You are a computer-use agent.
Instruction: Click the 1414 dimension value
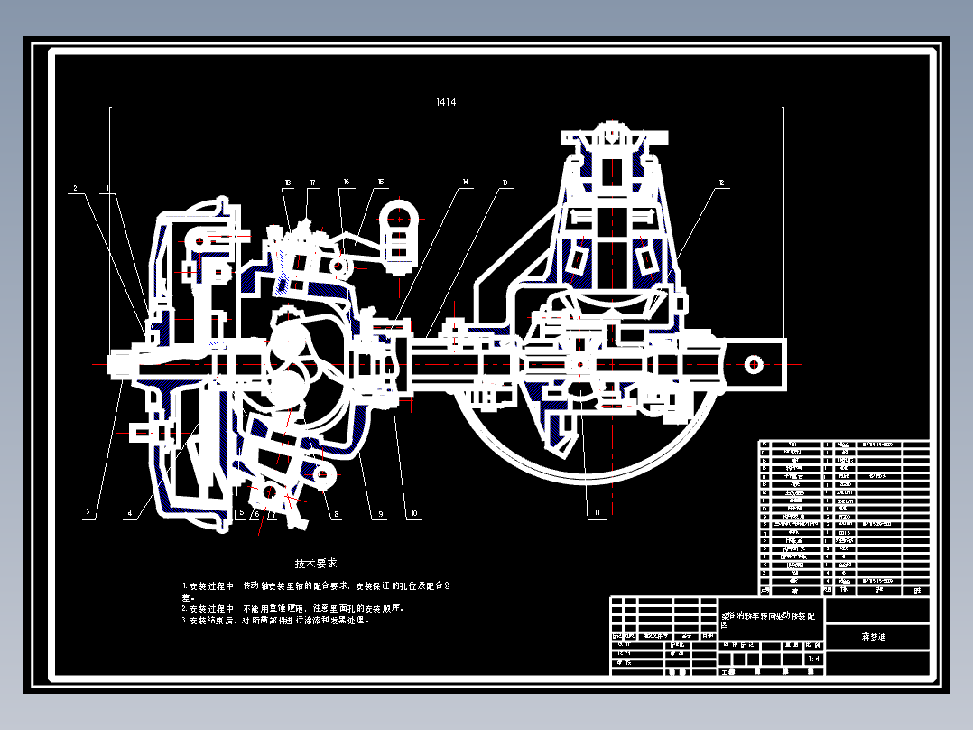[445, 102]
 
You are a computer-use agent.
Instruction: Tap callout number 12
[721, 183]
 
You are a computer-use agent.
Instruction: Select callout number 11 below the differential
[597, 514]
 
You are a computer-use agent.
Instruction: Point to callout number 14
[466, 183]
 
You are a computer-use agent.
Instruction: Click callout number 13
[505, 183]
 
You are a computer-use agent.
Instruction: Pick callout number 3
[88, 513]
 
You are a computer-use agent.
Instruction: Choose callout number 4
[129, 514]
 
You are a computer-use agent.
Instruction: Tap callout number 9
[380, 515]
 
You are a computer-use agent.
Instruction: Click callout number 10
[413, 515]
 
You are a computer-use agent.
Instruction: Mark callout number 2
[75, 189]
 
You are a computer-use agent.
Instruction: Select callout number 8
[337, 515]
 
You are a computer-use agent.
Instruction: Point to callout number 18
[287, 183]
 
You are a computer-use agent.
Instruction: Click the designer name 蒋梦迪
[875, 636]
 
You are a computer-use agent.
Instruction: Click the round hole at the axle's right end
[752, 364]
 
